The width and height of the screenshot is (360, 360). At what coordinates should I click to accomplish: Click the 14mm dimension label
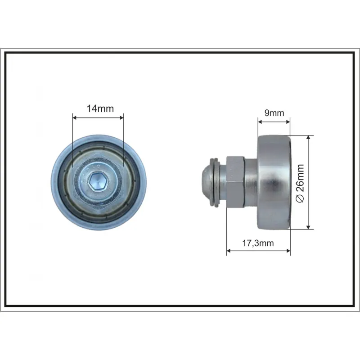coord(100,108)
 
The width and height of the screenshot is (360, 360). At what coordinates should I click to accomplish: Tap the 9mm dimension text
coord(274,113)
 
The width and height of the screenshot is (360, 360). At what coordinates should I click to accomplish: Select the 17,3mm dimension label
coord(258,243)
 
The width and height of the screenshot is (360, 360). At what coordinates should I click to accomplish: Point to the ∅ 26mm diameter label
coord(300,183)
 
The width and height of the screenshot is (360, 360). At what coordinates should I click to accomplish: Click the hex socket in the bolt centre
coord(98,182)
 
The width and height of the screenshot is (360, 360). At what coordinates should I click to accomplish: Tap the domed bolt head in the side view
coord(207,181)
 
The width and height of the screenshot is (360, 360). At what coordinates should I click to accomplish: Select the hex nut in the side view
coord(235,182)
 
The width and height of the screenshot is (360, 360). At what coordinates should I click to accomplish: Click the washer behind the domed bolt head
coord(216,182)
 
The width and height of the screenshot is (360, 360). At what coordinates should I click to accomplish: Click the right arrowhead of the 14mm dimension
coord(121,118)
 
